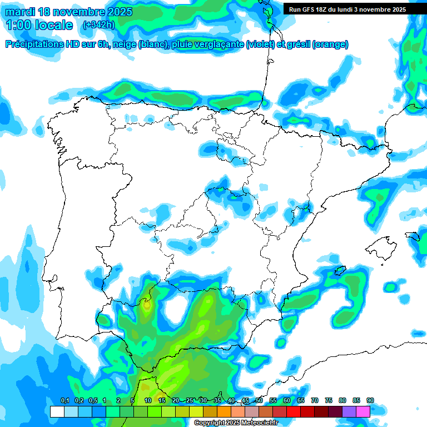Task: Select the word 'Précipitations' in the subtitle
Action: point(34,44)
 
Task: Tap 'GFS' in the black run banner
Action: point(310,9)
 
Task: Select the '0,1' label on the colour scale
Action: point(64,400)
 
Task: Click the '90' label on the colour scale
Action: point(370,400)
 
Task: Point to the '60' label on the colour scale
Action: point(287,400)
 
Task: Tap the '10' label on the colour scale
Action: point(148,400)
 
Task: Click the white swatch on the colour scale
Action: point(57,411)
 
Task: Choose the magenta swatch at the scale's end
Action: point(363,411)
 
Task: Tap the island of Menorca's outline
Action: point(413,236)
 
